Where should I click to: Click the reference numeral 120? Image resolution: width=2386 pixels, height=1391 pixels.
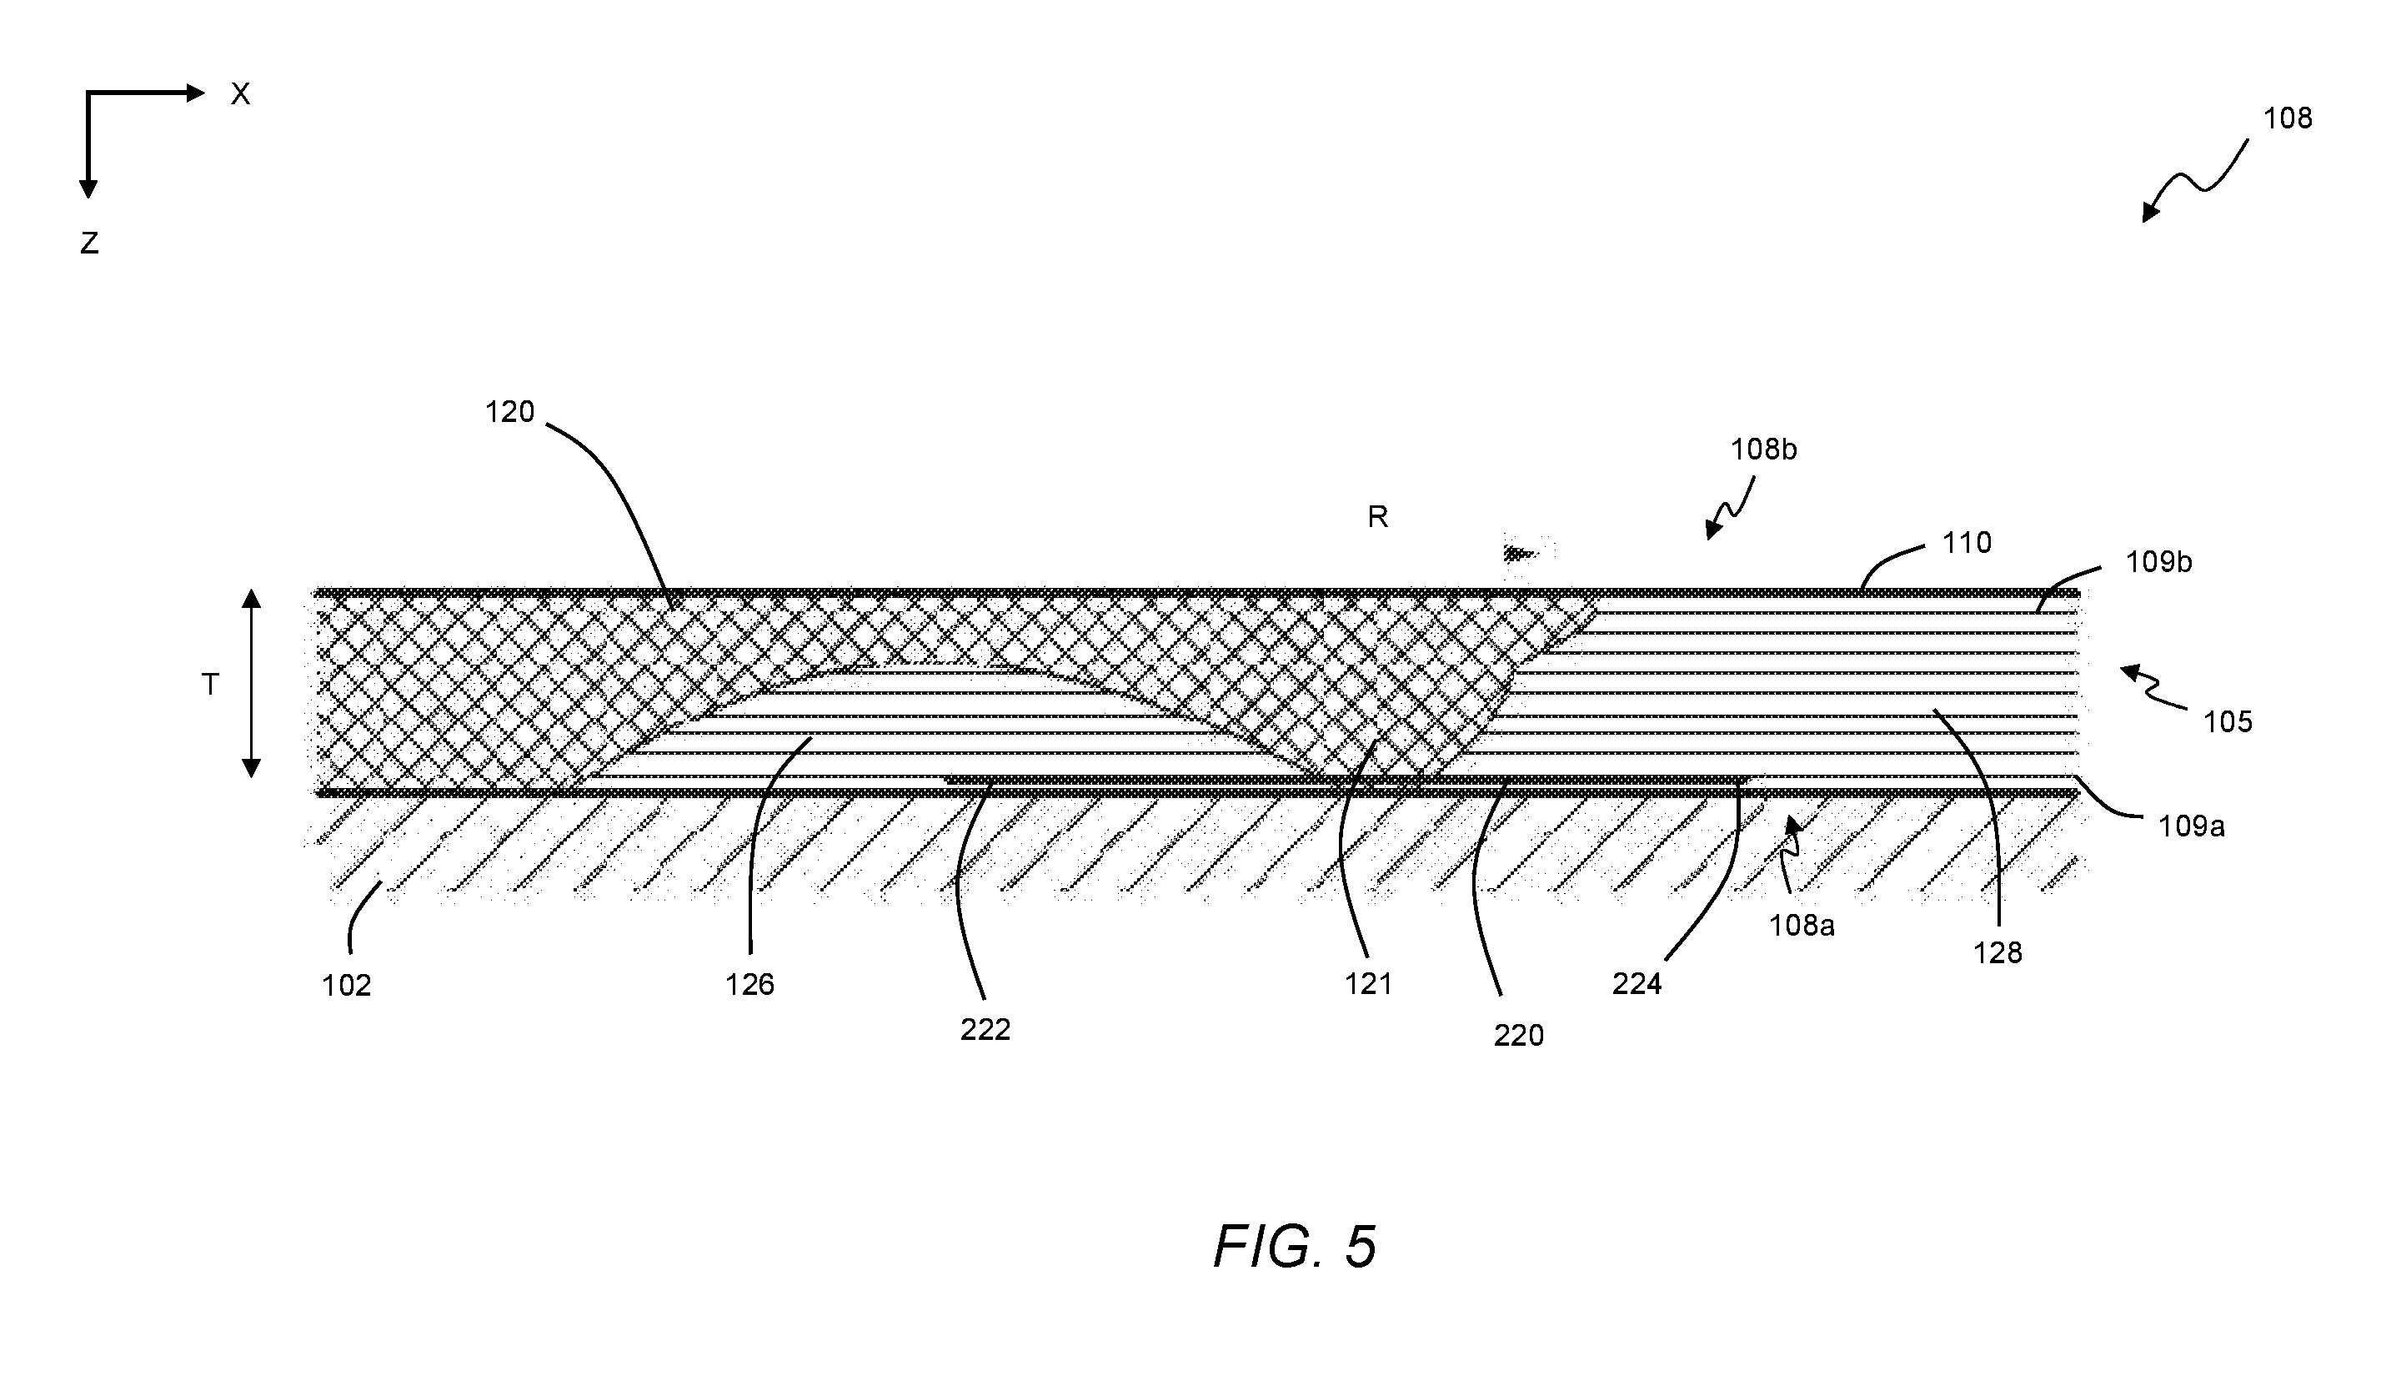pyautogui.click(x=509, y=412)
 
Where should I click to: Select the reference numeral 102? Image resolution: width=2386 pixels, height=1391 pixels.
pyautogui.click(x=346, y=986)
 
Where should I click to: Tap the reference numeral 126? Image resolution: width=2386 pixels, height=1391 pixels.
pyautogui.click(x=749, y=985)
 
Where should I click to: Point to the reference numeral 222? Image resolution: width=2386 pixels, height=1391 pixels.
pyautogui.click(x=985, y=1029)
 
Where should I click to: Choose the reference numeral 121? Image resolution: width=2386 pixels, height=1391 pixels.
pyautogui.click(x=1368, y=985)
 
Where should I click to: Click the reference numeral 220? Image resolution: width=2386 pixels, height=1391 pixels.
pyautogui.click(x=1519, y=1035)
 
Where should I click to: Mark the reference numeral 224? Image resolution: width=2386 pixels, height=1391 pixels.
pyautogui.click(x=1637, y=985)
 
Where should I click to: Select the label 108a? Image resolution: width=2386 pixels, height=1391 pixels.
pyautogui.click(x=1802, y=925)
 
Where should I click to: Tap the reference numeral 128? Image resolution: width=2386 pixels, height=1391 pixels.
pyautogui.click(x=1997, y=952)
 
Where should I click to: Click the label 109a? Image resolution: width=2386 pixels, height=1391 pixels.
pyautogui.click(x=2191, y=826)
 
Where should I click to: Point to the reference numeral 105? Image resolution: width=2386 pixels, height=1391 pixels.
pyautogui.click(x=2227, y=721)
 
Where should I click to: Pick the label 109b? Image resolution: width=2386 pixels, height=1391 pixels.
pyautogui.click(x=2158, y=561)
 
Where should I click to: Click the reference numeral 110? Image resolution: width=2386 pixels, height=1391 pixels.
pyautogui.click(x=1967, y=543)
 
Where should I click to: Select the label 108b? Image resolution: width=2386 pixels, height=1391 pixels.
pyautogui.click(x=1764, y=449)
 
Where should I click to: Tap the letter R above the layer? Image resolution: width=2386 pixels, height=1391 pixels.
pyautogui.click(x=1377, y=517)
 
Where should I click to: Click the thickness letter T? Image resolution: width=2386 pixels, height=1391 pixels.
pyautogui.click(x=210, y=684)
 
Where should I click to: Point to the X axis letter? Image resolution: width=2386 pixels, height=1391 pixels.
pyautogui.click(x=240, y=93)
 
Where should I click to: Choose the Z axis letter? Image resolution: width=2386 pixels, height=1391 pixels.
pyautogui.click(x=89, y=244)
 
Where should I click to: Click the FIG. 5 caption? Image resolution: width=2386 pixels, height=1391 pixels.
pyautogui.click(x=1295, y=1246)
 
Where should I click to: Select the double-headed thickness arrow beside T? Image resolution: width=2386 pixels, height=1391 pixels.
pyautogui.click(x=251, y=683)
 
